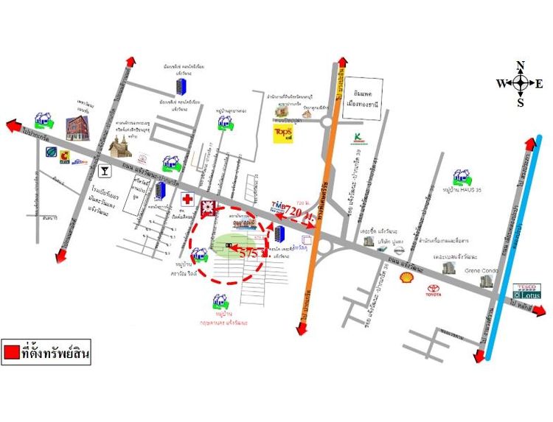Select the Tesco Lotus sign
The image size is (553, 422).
pyautogui.click(x=526, y=290)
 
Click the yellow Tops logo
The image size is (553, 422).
pyautogui.click(x=284, y=133)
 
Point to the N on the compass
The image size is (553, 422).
pyautogui.click(x=520, y=65)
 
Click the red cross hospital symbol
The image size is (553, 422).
pyautogui.click(x=188, y=199)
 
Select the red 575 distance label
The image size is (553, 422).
pyautogui.click(x=250, y=252)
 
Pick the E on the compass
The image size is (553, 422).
pyautogui.click(x=539, y=84)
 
